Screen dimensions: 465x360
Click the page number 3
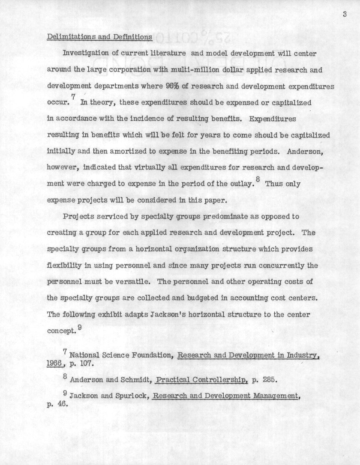point(344,15)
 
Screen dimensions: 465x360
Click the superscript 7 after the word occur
point(73,98)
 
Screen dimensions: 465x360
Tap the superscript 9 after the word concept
point(79,327)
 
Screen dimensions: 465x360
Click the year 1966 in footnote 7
point(55,364)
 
